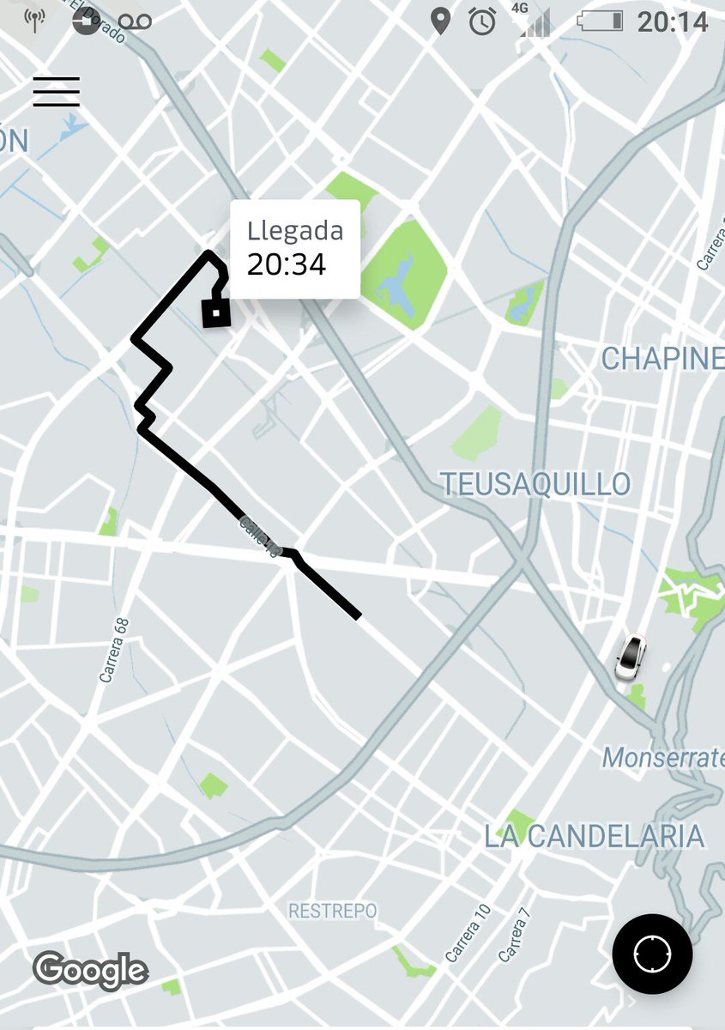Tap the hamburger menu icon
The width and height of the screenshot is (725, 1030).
(x=57, y=92)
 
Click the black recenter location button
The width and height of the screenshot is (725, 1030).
(x=652, y=954)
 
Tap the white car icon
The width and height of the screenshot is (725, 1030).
(x=631, y=657)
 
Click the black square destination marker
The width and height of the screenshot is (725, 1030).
(x=216, y=312)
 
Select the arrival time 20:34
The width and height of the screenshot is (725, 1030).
(x=287, y=264)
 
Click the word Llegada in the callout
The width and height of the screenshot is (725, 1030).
(x=295, y=230)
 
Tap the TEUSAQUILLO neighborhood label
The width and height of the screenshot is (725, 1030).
(x=536, y=484)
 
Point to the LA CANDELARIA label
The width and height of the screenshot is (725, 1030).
(x=594, y=836)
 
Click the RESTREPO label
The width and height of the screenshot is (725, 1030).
(x=332, y=911)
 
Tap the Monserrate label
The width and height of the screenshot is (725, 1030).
(x=663, y=757)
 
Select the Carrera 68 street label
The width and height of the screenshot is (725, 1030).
(x=113, y=650)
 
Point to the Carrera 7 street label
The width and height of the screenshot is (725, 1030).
(x=515, y=939)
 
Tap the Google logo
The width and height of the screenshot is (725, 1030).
(x=90, y=970)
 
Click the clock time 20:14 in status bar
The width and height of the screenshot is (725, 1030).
(x=673, y=21)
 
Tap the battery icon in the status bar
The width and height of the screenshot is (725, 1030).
(x=600, y=21)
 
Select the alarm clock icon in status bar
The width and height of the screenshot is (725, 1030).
(x=482, y=21)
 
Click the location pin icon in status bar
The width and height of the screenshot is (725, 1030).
(x=440, y=21)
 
